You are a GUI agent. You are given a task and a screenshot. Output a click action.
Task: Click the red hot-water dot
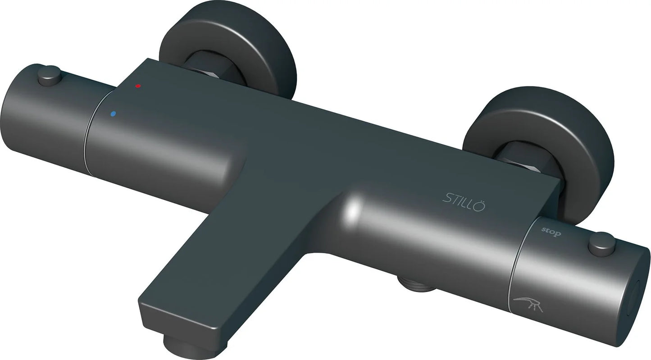pyautogui.click(x=138, y=86)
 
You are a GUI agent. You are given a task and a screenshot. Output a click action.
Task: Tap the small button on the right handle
pyautogui.click(x=601, y=241)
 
